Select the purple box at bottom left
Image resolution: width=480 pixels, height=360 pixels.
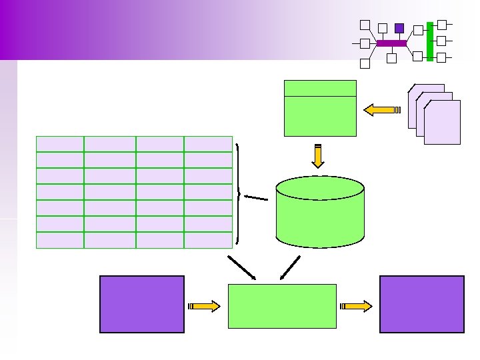pos(141,304)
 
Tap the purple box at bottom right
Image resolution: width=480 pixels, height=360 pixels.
pos(421,304)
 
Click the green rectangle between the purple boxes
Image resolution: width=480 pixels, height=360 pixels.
pos(282,306)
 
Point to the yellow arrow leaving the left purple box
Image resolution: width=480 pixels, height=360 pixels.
pos(205,306)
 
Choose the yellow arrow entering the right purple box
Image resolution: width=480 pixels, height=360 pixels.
pos(357,306)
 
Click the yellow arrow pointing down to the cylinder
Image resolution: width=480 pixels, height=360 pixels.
pos(318,156)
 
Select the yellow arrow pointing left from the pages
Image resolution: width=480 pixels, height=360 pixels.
pos(379,109)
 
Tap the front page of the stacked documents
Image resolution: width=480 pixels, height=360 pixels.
pos(442,123)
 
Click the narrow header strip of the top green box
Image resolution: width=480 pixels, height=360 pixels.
pos(320,88)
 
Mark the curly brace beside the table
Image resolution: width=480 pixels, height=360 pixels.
pos(238,193)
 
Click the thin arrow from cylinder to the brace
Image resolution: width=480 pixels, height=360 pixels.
pos(255,197)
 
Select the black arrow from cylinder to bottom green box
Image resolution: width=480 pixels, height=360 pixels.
pos(290,267)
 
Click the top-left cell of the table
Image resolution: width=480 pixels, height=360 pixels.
pos(60,144)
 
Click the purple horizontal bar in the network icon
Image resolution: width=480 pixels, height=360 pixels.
pos(391,43)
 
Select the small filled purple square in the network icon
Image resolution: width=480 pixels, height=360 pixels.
pos(399,28)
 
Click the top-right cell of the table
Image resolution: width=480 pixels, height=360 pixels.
pos(208,144)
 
